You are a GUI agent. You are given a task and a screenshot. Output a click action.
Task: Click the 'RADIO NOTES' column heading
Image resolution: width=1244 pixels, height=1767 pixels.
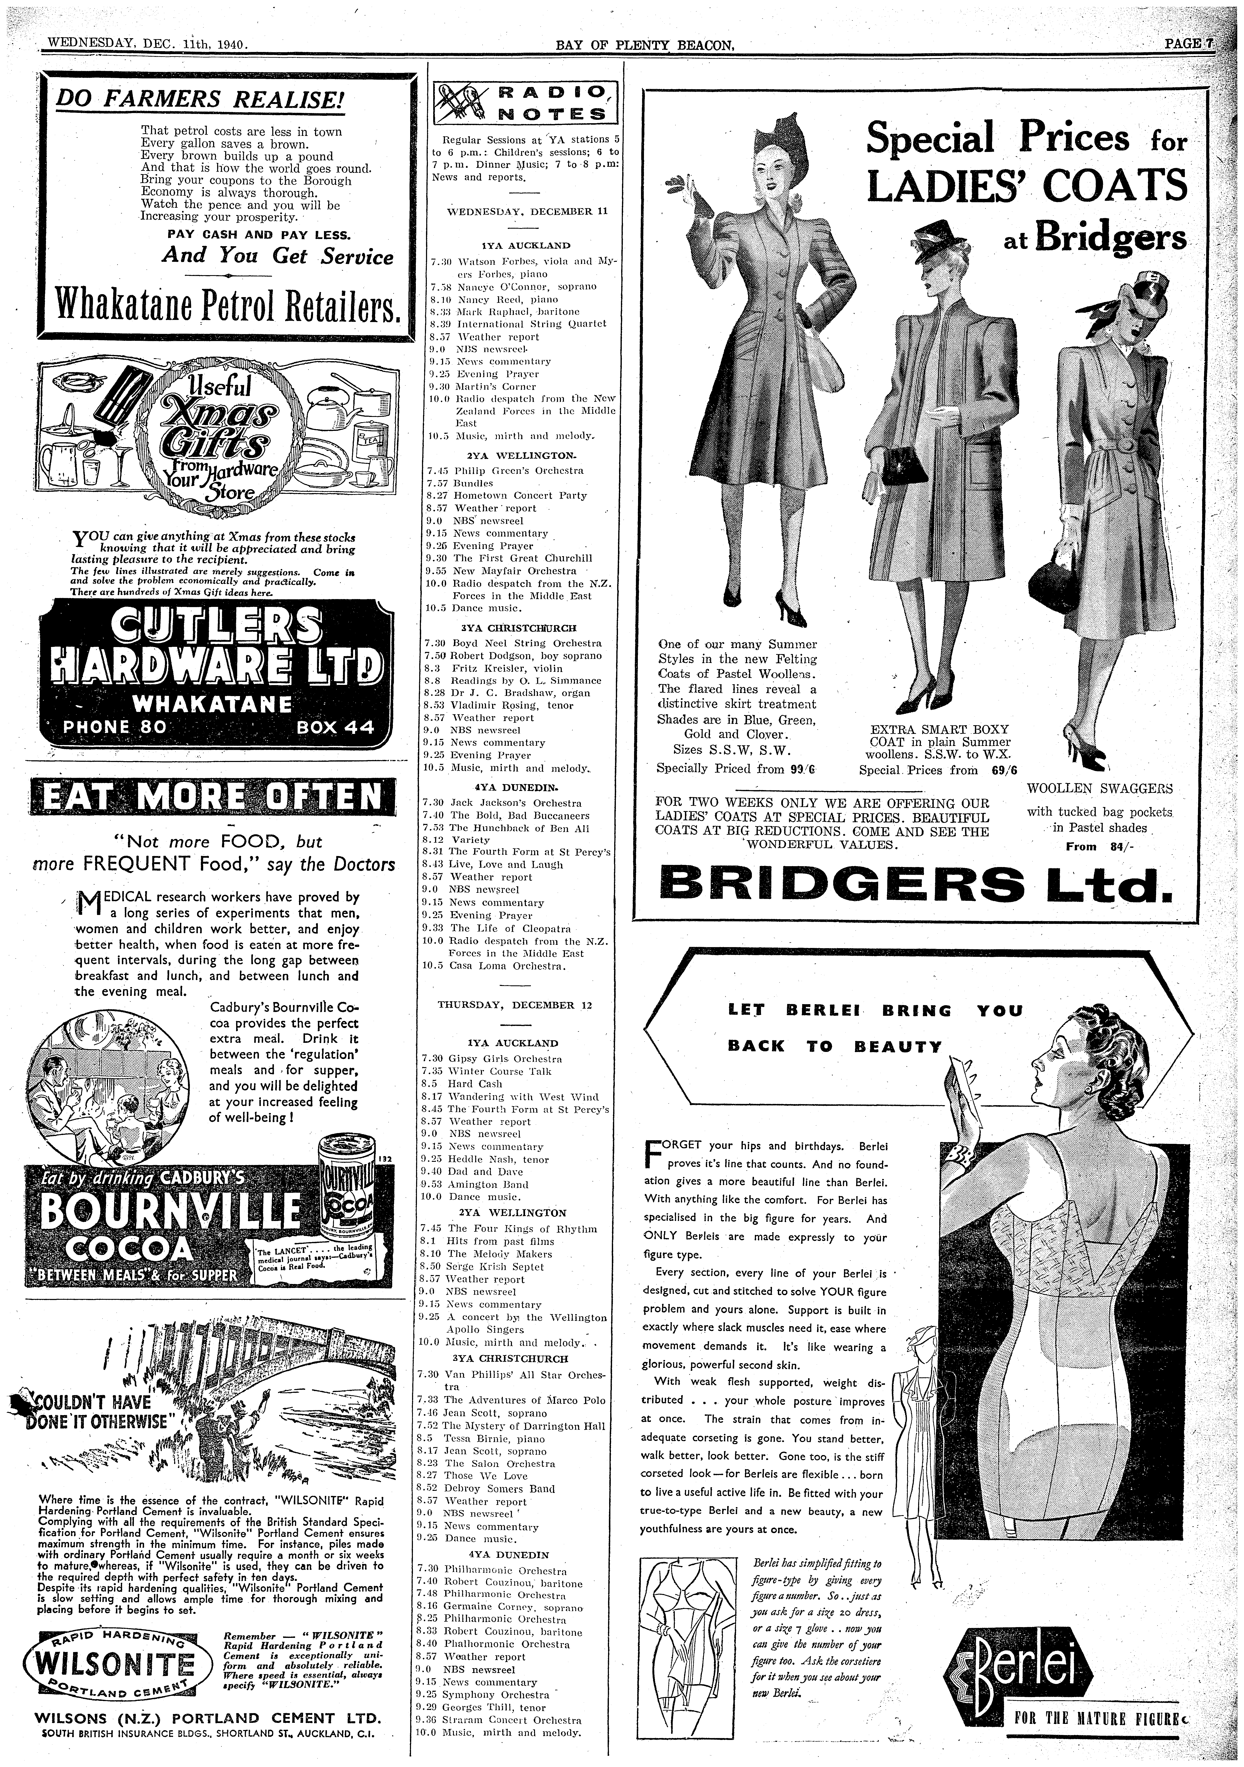point(525,102)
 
